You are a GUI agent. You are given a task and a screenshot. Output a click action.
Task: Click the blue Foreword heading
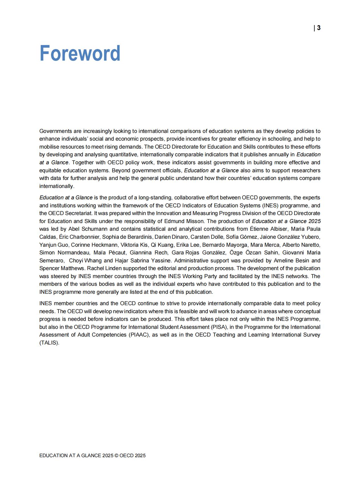point(80,53)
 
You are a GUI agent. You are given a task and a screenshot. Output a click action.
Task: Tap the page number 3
point(319,28)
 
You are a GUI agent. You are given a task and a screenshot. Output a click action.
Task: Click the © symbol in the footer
point(116,455)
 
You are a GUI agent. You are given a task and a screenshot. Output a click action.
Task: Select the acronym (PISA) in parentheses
point(219,327)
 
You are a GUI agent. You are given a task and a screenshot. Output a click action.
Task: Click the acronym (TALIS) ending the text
point(49,343)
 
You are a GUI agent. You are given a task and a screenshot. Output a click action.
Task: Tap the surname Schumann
point(94,229)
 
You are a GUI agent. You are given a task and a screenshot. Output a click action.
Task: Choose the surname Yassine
point(161,260)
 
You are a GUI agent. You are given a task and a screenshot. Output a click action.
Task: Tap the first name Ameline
point(284,260)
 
